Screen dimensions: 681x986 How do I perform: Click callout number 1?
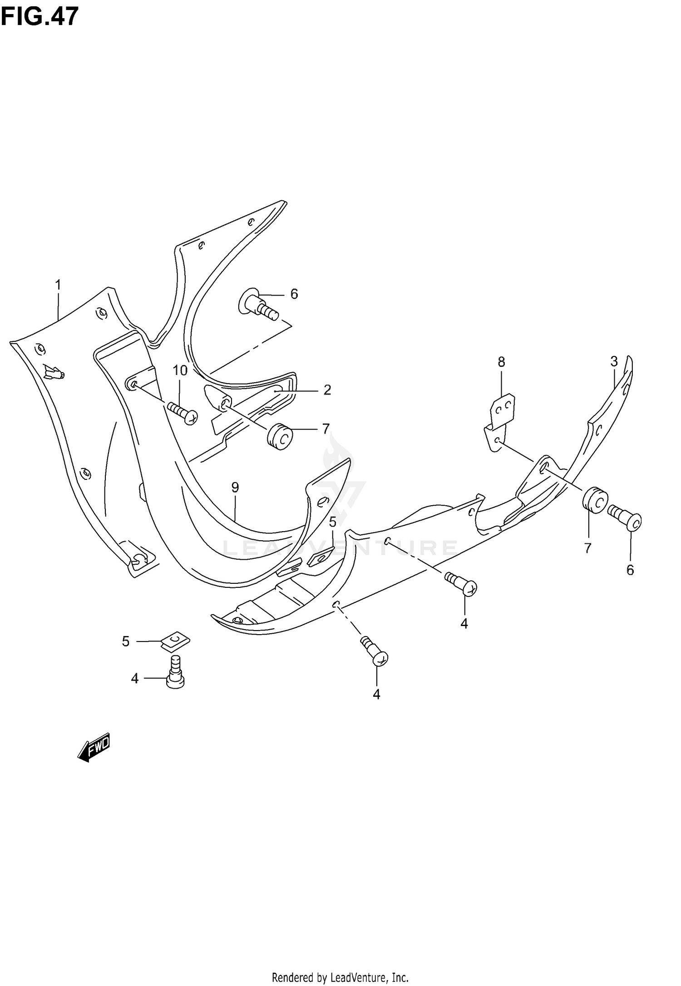click(58, 285)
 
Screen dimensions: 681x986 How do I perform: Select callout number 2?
click(327, 390)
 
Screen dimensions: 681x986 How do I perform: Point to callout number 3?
click(614, 361)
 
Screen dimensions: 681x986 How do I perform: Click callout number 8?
click(501, 362)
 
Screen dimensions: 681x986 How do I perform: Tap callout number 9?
click(235, 488)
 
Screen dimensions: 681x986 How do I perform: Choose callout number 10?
click(180, 371)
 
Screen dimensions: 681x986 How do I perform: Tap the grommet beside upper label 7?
click(280, 436)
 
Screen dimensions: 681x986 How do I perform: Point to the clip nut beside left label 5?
click(175, 641)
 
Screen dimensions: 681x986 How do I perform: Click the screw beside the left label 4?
click(176, 672)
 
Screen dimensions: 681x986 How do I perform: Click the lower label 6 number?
click(630, 570)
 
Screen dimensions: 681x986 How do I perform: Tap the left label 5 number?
click(126, 641)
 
